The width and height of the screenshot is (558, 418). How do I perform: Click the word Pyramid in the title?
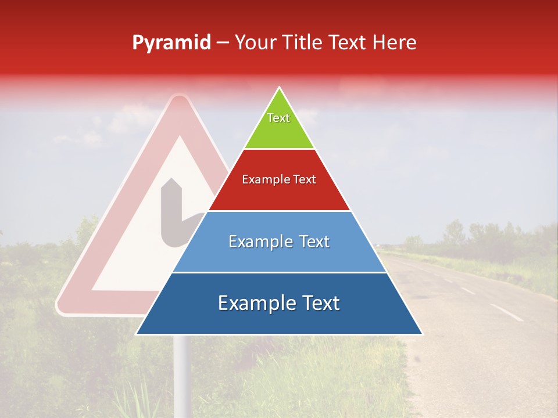click(x=171, y=43)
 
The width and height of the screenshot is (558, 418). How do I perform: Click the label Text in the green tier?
click(x=278, y=118)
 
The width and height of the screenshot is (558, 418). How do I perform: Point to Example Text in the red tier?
click(x=279, y=179)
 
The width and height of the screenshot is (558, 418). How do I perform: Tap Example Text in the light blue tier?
click(x=279, y=242)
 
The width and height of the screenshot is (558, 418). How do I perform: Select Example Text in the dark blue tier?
click(x=279, y=303)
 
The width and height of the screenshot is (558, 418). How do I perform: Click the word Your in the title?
click(x=256, y=42)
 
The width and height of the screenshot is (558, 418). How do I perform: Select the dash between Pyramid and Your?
click(x=223, y=43)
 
